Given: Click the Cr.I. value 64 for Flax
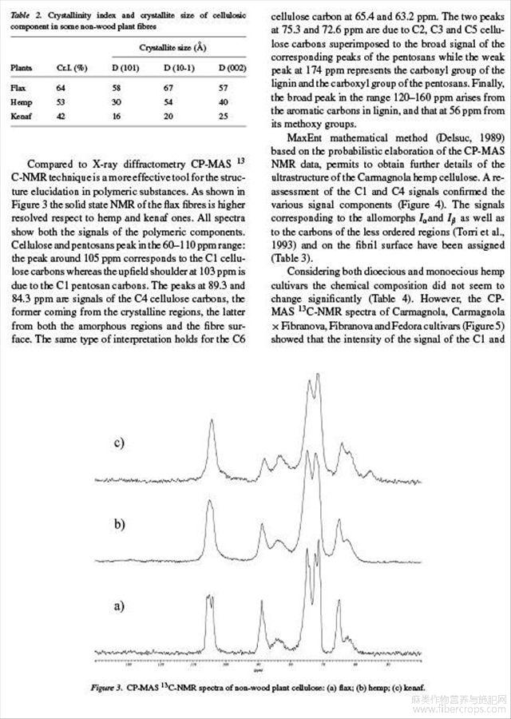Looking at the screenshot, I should tap(61, 86).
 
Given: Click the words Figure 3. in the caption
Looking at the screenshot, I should tap(107, 687).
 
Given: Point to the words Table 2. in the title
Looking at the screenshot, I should tap(24, 16).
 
